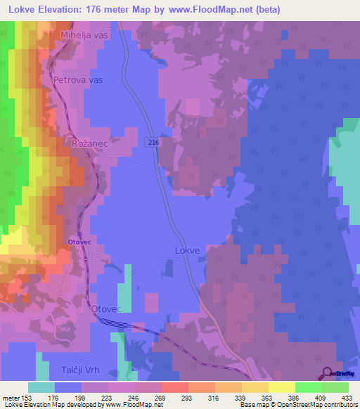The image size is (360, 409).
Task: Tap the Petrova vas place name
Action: pyautogui.click(x=78, y=80)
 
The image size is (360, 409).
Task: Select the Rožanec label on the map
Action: pyautogui.click(x=89, y=143)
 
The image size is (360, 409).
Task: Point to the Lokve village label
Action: pyautogui.click(x=187, y=250)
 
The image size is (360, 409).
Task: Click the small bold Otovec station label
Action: pyautogui.click(x=79, y=242)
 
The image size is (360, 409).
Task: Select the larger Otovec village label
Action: pyautogui.click(x=108, y=309)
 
